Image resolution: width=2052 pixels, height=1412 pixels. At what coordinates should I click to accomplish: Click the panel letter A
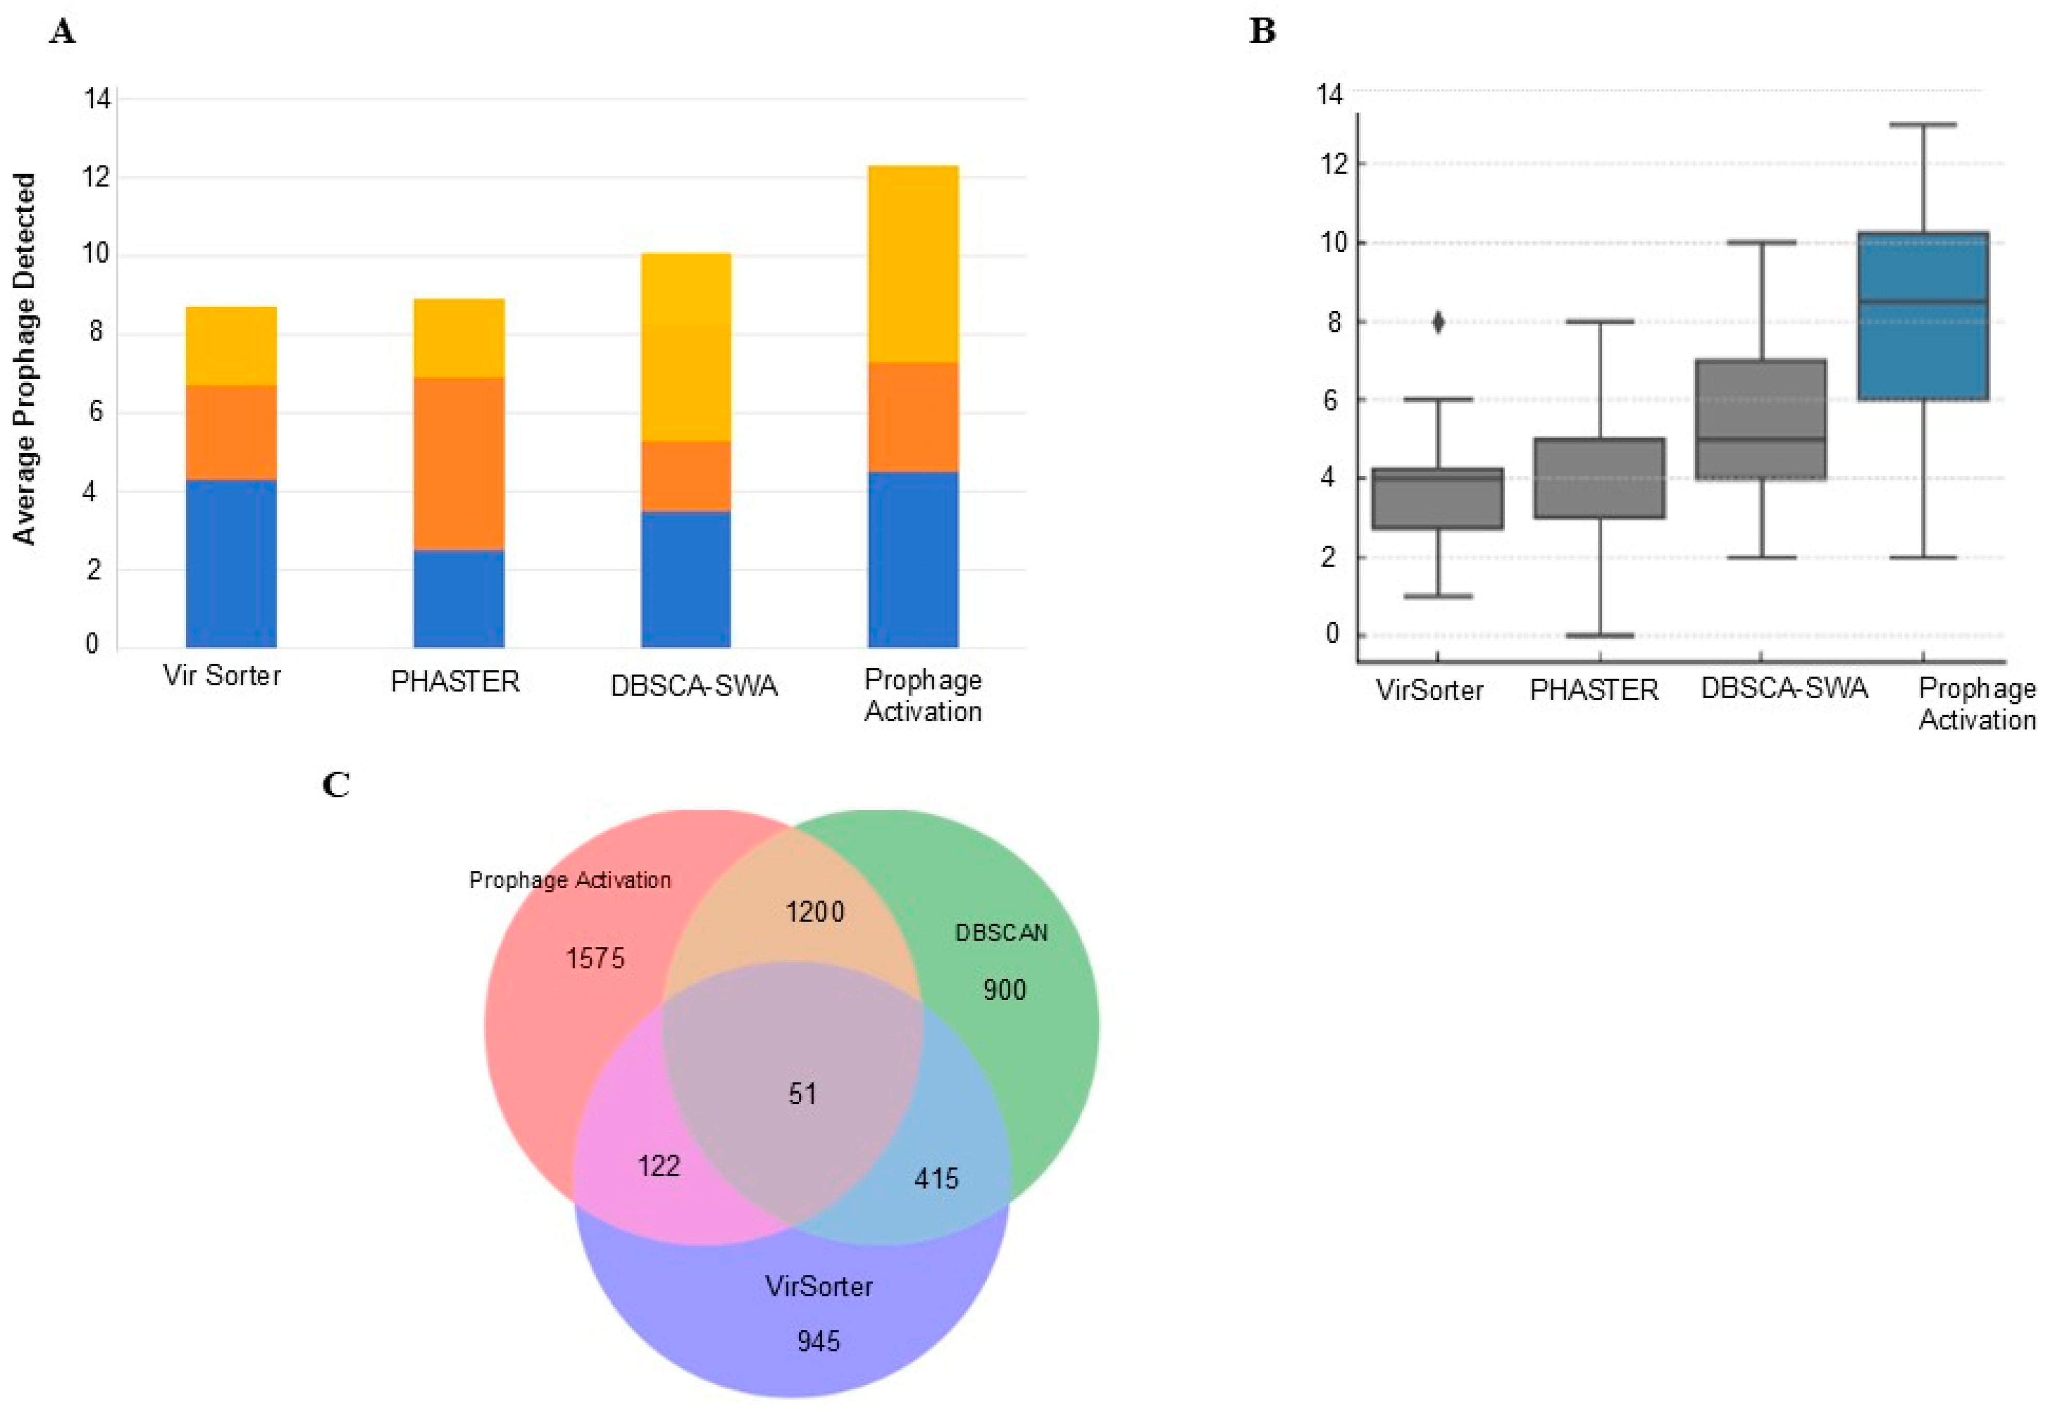(x=62, y=33)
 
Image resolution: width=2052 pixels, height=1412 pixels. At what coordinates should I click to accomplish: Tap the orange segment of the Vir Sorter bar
(x=231, y=433)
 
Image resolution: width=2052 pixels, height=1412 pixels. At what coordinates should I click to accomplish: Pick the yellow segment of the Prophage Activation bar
(x=912, y=264)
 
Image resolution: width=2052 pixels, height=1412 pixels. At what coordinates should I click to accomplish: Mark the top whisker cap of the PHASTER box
(x=1599, y=322)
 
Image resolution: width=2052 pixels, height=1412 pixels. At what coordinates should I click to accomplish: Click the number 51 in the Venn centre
(x=802, y=1094)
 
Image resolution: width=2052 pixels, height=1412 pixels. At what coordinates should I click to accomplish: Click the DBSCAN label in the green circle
(x=1001, y=932)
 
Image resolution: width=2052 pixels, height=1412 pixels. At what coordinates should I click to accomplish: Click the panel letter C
(x=336, y=785)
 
